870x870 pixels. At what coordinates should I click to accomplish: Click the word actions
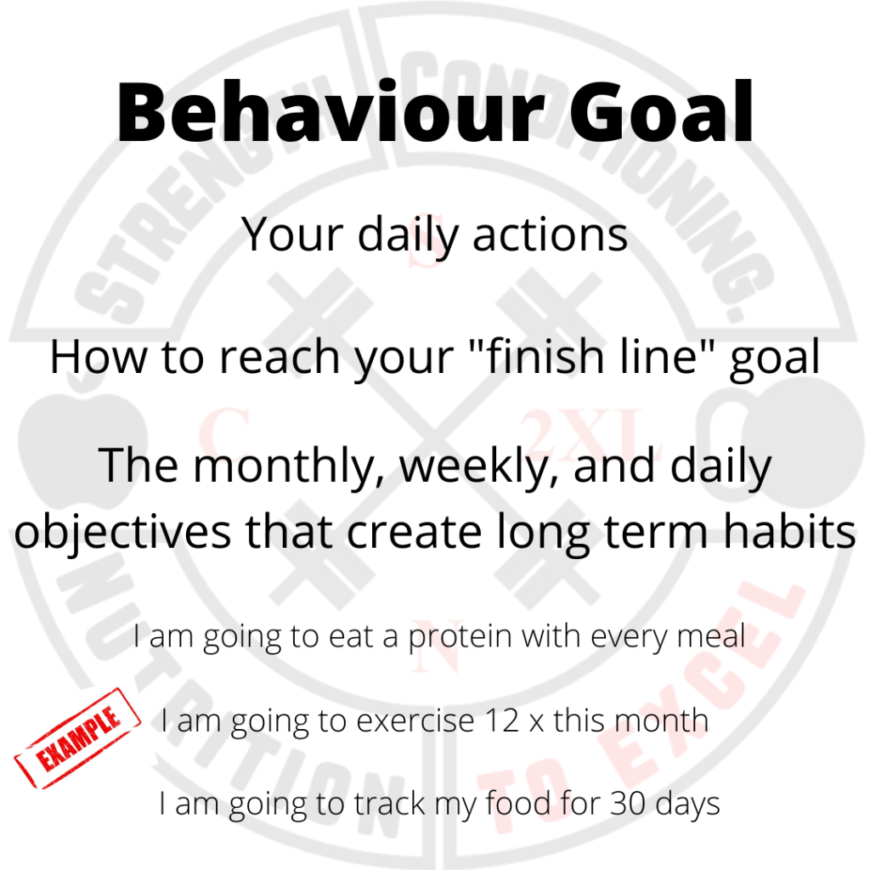pyautogui.click(x=550, y=234)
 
